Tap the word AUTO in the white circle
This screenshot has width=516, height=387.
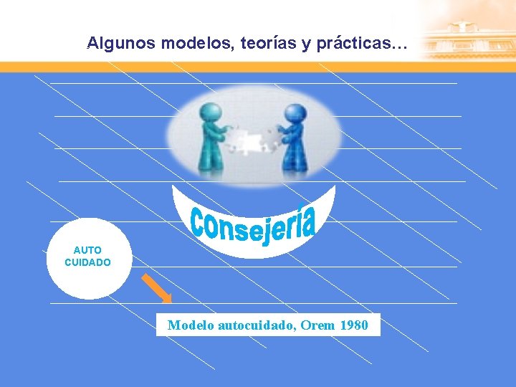click(x=87, y=250)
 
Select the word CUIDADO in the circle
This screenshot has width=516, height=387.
click(x=87, y=262)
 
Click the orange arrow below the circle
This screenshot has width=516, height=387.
click(x=157, y=288)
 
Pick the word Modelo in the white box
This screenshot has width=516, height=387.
click(x=190, y=325)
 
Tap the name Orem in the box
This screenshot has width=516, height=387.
click(x=316, y=325)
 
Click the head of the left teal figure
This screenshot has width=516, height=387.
click(x=211, y=112)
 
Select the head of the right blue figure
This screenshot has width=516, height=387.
click(x=294, y=113)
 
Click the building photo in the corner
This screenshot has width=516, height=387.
click(x=469, y=32)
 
